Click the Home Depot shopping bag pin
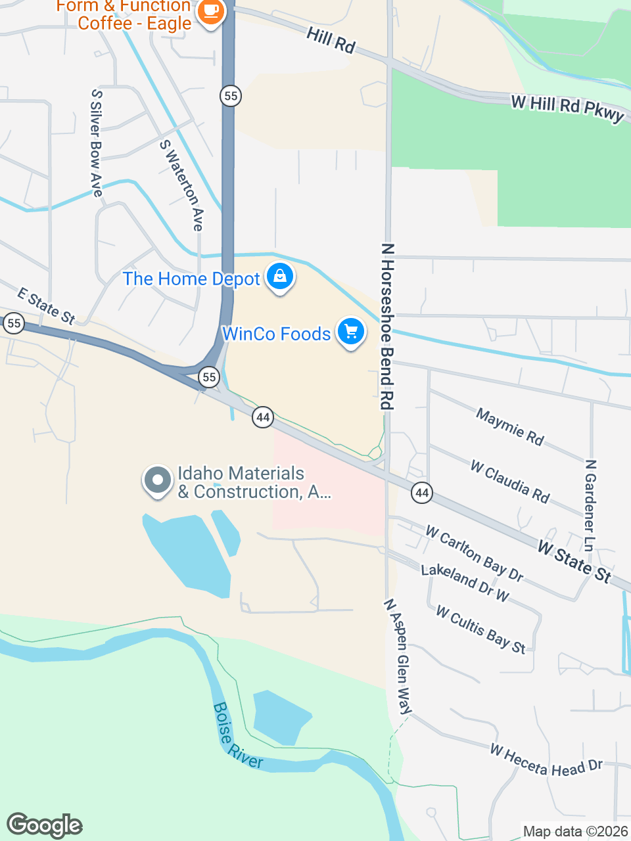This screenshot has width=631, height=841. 280,277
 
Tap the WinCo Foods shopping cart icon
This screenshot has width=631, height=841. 351,332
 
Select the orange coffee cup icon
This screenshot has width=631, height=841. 210,12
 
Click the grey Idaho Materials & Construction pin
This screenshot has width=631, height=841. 158,480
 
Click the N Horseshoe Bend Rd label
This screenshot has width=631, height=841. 388,327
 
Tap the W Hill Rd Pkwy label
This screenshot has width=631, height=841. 567,108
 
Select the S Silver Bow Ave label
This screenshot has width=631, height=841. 97,143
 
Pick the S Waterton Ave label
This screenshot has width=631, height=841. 181,185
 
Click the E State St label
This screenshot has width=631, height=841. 46,306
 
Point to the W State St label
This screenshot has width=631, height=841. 574,561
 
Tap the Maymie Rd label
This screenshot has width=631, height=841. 510,426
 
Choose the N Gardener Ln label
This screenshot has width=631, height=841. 590,505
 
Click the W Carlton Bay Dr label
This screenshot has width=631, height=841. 474,553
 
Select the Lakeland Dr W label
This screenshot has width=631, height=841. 465,582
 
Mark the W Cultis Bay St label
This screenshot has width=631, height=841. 480,629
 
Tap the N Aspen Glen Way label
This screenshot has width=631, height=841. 398,656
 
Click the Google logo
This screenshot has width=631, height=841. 45,825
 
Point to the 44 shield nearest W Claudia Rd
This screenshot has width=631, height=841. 422,492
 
